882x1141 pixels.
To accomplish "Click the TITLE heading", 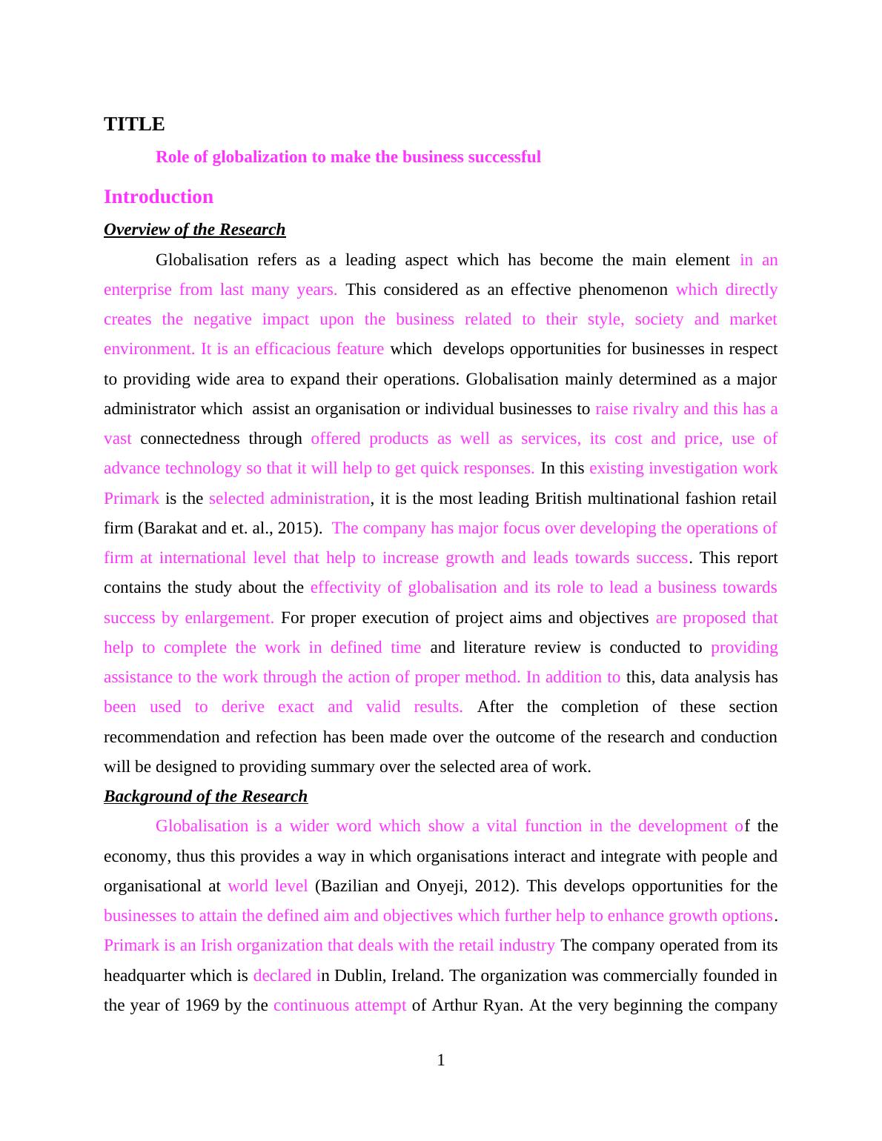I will tap(134, 124).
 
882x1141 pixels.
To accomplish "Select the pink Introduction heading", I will tap(159, 196).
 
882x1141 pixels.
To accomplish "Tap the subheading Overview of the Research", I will tap(194, 230).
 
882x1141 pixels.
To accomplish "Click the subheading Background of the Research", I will tap(205, 796).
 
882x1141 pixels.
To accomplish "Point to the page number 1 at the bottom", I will tap(441, 1060).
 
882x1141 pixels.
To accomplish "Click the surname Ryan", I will tap(504, 1005).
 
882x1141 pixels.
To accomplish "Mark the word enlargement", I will tap(229, 618).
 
